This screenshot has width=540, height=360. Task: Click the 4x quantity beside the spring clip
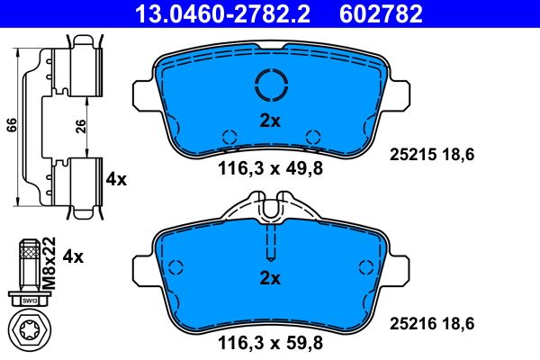(116, 179)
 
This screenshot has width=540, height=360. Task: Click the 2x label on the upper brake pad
(270, 121)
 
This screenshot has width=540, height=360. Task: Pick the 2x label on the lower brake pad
(270, 278)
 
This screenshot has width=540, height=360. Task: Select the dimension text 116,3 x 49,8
(269, 166)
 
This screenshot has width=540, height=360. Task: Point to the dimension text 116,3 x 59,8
(269, 342)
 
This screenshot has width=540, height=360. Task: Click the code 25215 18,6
(431, 155)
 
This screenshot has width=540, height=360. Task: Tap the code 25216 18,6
(431, 322)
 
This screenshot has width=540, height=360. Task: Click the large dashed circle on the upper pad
(271, 86)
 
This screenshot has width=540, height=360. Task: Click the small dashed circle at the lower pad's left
(175, 266)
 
